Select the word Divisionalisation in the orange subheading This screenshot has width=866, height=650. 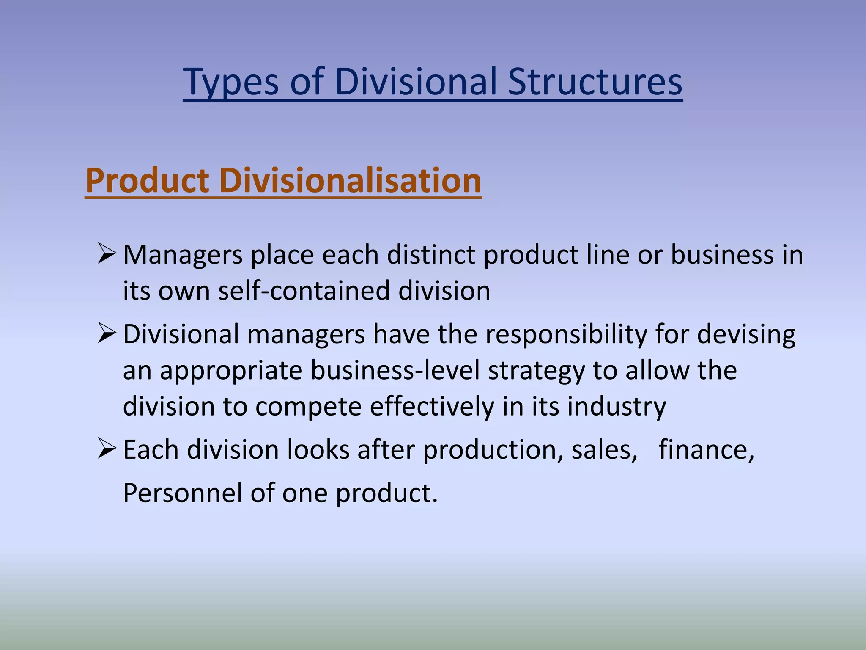(350, 181)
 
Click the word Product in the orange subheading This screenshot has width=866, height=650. (147, 181)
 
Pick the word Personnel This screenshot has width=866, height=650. (183, 493)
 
